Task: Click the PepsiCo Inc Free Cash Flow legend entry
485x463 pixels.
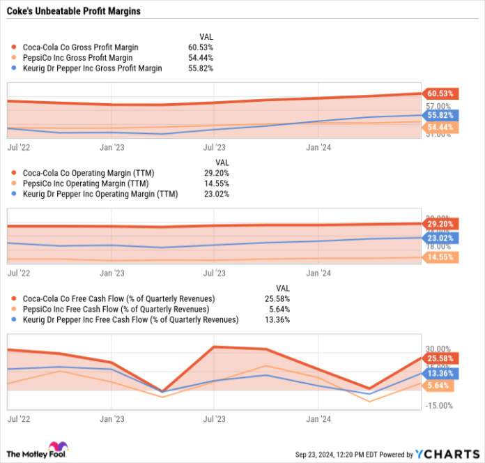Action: [x=115, y=309]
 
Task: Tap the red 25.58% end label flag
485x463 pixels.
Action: [x=440, y=358]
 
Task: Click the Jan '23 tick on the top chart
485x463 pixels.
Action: [x=112, y=147]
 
